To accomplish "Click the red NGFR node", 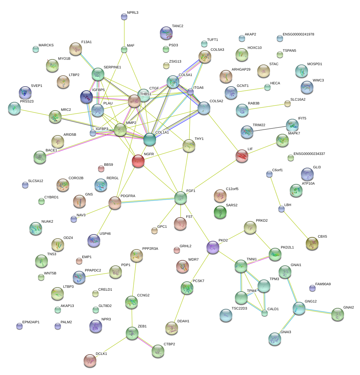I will point(138,161).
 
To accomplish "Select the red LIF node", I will point(242,156).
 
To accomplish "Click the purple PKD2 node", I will point(213,247).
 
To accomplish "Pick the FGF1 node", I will point(181,198).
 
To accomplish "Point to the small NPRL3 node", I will point(124,17).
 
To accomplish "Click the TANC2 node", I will point(166,33).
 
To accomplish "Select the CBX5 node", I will point(312,243).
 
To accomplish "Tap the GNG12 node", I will point(299,309).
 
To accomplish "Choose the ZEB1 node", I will point(132,333).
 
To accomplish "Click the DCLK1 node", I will point(90,361).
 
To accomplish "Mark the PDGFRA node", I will point(115,203).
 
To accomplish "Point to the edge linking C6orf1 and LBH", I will point(275,191).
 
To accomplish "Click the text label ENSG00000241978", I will point(298,34).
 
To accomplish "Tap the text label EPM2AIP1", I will point(31,322).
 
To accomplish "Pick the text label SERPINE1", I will point(112,67).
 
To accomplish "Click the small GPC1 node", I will point(154,231).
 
